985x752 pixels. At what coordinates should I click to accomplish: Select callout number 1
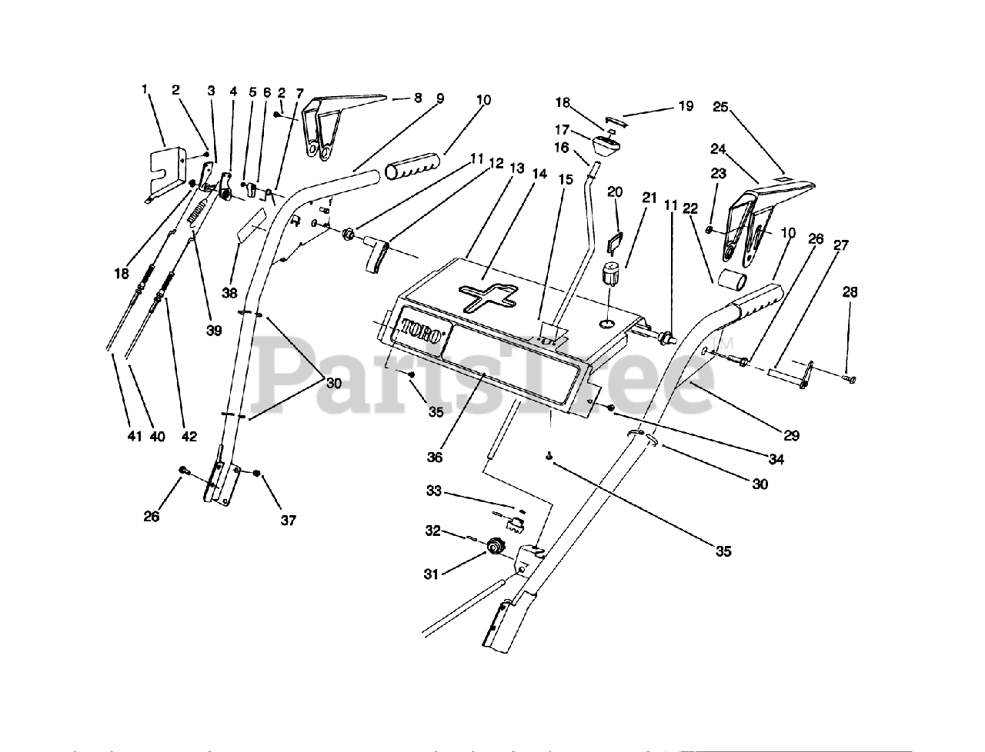coord(144,90)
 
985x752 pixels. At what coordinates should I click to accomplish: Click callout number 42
coord(189,437)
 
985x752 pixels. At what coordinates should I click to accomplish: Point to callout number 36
coord(436,457)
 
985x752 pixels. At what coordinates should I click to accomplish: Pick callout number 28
coord(850,292)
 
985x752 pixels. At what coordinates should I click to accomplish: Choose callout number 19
coord(685,106)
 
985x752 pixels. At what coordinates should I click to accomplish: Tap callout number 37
coord(288,521)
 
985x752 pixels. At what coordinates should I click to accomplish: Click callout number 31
coord(432,574)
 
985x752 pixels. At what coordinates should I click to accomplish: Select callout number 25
coord(720,107)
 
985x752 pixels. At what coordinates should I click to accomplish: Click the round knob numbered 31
coord(493,547)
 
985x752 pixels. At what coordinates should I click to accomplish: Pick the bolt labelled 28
coord(849,378)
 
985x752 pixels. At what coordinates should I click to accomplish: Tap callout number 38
coord(229,293)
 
